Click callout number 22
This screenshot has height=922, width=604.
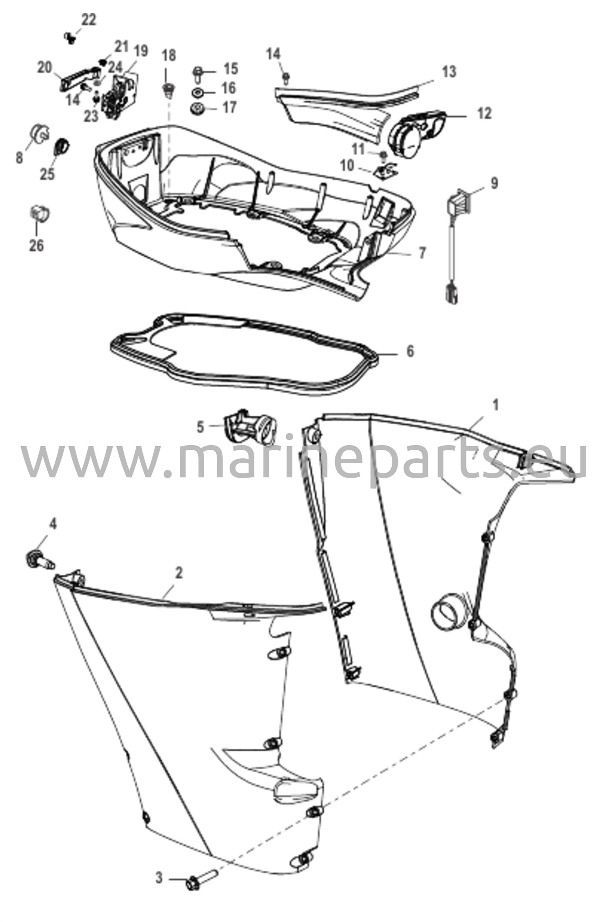coord(89,21)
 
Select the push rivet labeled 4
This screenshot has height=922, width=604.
coord(40,559)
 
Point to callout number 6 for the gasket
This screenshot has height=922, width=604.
coord(410,351)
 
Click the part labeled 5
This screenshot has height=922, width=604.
coord(250,426)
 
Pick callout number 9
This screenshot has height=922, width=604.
coord(494,184)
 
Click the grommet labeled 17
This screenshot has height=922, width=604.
coord(196,109)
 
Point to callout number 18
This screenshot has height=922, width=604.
coord(169,56)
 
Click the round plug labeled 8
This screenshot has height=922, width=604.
coord(39,133)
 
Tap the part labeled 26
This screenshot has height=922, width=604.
coord(39,214)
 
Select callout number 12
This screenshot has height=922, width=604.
coord(484,113)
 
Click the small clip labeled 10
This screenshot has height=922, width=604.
coord(385,172)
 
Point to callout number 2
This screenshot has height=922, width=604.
coord(179,573)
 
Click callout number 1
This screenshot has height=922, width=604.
coord(496,406)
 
